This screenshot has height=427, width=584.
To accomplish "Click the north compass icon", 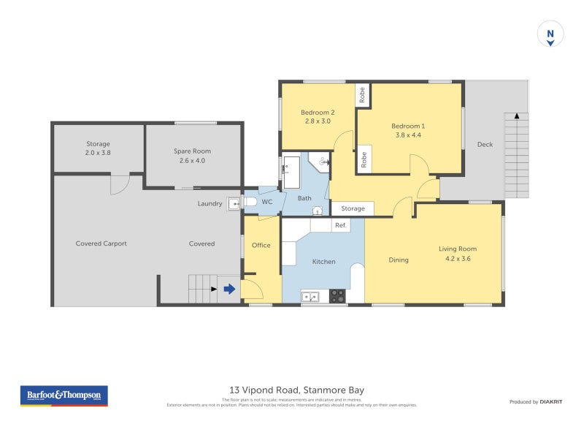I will click(x=550, y=34).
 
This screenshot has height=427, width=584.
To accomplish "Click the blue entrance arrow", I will click(x=229, y=290).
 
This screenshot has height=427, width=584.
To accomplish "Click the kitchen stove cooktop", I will click(x=337, y=296).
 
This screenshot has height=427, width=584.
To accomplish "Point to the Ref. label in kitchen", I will click(x=341, y=226).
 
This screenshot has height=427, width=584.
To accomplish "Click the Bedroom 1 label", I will click(x=408, y=126).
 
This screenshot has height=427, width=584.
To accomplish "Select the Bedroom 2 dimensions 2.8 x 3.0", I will click(x=318, y=121).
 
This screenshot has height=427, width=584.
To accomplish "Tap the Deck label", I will click(x=485, y=145).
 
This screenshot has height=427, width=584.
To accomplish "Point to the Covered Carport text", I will click(x=101, y=243).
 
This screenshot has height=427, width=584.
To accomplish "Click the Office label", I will click(x=261, y=245).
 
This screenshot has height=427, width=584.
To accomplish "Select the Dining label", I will click(x=399, y=260).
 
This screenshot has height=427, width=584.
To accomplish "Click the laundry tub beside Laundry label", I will click(x=234, y=204).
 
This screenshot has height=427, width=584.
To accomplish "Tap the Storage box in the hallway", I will click(x=353, y=209).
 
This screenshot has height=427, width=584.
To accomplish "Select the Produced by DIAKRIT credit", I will click(x=539, y=402).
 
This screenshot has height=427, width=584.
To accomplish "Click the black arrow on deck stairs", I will click(x=517, y=116).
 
